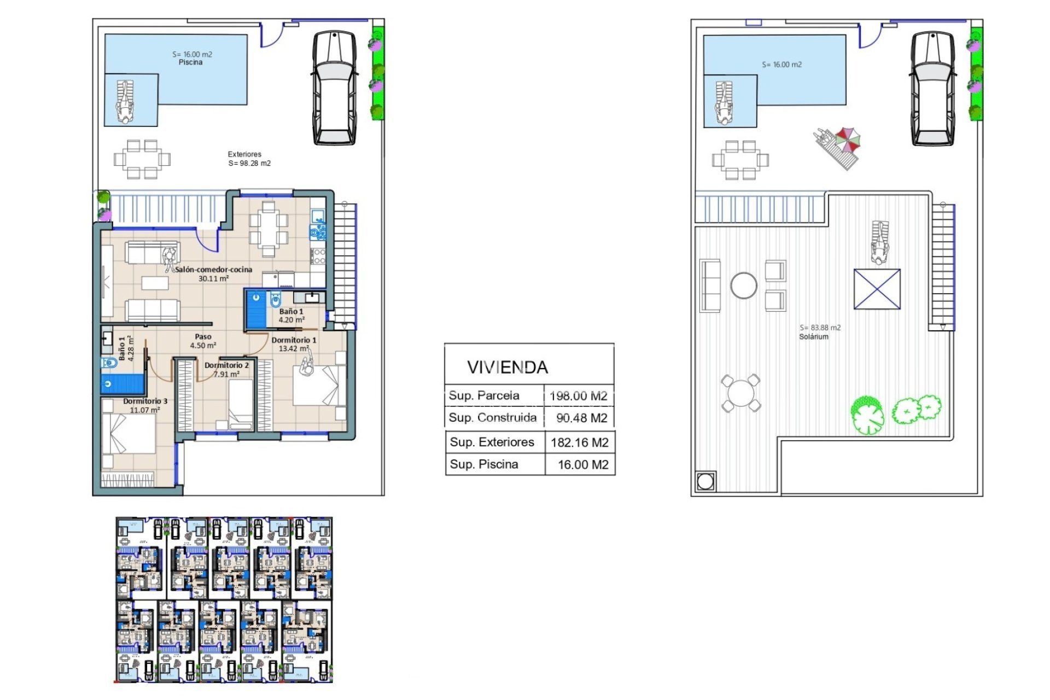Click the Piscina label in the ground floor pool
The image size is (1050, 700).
point(190,62)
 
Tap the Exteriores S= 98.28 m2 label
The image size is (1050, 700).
point(249,159)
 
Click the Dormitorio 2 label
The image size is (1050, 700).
point(226,365)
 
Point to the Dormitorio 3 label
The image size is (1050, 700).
point(145,401)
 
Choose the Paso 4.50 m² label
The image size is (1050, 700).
point(203,341)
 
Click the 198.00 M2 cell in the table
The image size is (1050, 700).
point(579,396)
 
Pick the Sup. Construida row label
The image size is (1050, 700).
point(492,418)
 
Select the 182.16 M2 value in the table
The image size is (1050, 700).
point(580,442)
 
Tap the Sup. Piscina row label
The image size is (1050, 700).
point(483,464)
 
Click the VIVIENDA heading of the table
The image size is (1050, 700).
point(507,367)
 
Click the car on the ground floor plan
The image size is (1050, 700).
point(334,87)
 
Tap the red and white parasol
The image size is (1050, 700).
point(848,139)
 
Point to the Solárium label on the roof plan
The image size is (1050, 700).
point(813,337)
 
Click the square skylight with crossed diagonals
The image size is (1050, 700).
point(877,289)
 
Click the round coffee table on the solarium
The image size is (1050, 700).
point(744,285)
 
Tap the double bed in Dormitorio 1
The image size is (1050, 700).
point(319,386)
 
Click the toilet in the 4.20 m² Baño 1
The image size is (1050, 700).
point(275,300)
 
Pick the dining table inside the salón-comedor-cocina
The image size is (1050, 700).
point(268,229)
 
